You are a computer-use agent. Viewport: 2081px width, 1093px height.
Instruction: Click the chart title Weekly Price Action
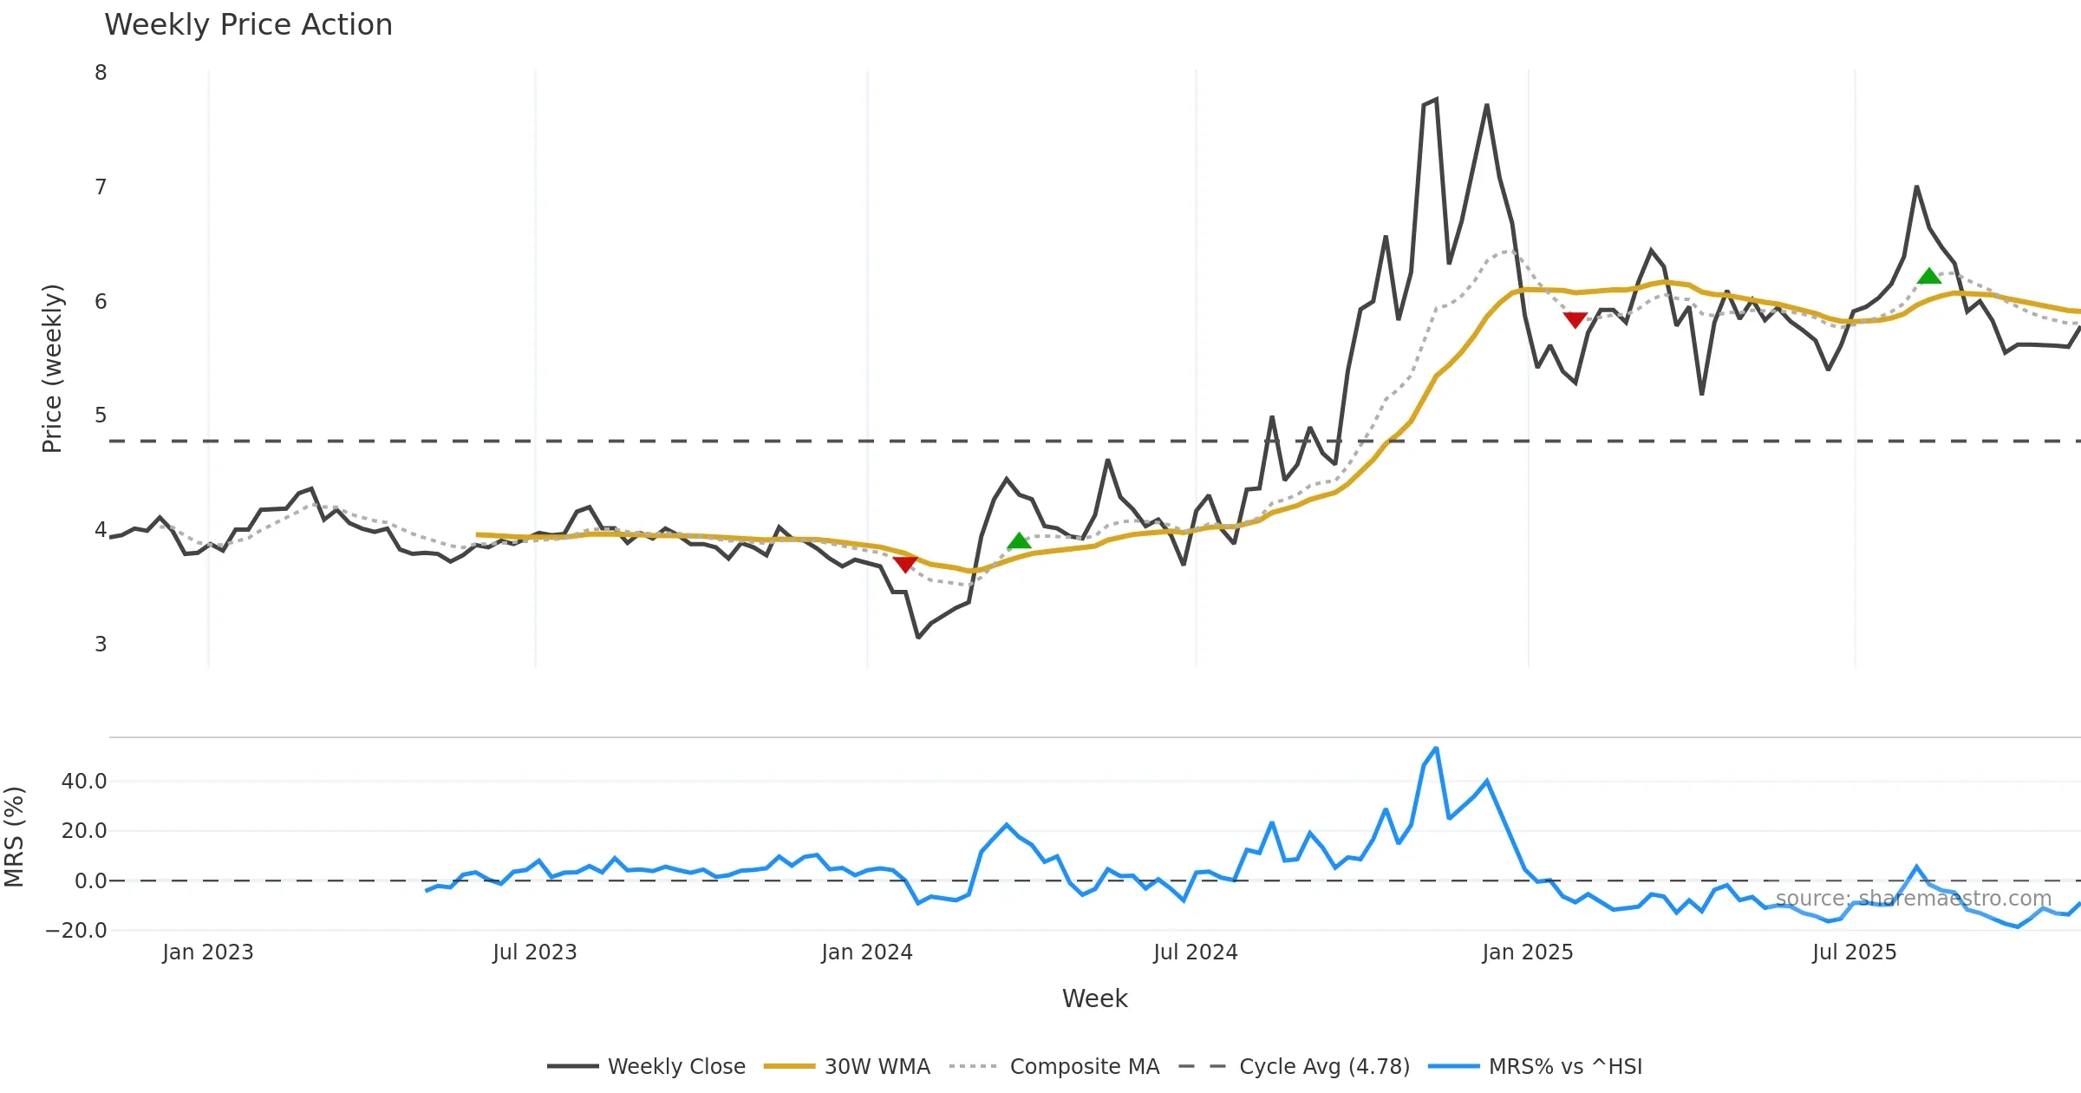[x=248, y=25]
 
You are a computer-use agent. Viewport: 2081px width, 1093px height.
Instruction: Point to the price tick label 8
[x=101, y=73]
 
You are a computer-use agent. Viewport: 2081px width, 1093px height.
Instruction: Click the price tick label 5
[x=101, y=416]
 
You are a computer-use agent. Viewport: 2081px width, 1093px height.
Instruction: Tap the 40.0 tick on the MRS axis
[x=84, y=782]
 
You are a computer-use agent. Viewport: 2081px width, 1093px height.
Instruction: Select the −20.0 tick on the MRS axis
[x=76, y=931]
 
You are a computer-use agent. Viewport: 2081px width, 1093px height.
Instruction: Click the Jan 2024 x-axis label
[x=867, y=952]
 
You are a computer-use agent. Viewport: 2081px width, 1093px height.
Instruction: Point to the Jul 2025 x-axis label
[x=1854, y=952]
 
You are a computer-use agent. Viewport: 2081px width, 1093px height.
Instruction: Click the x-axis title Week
[x=1094, y=999]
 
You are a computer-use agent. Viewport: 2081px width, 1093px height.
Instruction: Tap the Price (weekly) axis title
[x=52, y=369]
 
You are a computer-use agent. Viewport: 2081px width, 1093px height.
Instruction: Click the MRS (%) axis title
[x=14, y=837]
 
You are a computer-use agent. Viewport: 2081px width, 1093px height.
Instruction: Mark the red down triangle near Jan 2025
[x=1575, y=320]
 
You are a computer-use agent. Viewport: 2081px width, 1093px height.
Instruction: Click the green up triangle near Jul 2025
[x=1929, y=277]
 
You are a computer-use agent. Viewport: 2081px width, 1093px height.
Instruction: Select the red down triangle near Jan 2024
[x=905, y=565]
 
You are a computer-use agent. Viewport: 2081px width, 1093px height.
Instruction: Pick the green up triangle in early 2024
[x=1019, y=541]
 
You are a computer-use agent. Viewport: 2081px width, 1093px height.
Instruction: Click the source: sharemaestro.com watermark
[x=1914, y=899]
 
